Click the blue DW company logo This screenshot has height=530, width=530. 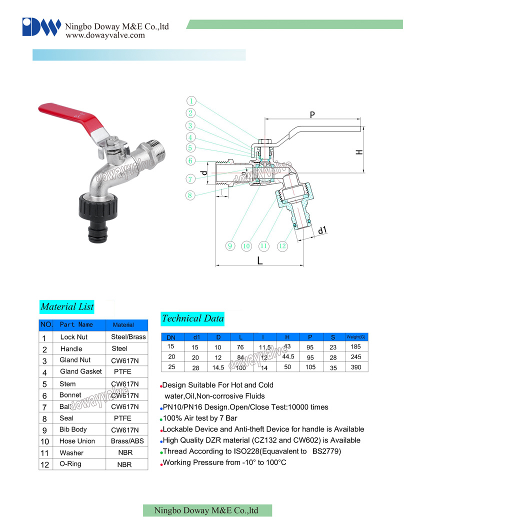(x=41, y=27)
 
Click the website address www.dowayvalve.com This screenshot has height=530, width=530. (x=105, y=35)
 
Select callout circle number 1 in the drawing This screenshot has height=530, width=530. (x=191, y=101)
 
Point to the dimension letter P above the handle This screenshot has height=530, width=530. (x=312, y=115)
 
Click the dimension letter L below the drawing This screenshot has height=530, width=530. (x=259, y=260)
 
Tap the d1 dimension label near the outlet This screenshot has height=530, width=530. (x=322, y=230)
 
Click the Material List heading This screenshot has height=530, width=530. (x=67, y=306)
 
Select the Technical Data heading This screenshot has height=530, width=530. (x=192, y=318)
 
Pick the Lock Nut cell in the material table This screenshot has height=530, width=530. (x=73, y=337)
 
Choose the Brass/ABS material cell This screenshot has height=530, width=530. (x=127, y=441)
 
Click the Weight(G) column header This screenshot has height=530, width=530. (x=356, y=337)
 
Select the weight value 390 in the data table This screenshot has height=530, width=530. (x=355, y=367)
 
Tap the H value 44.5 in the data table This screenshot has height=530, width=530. (x=288, y=356)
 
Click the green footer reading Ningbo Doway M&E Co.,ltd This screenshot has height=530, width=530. (x=207, y=510)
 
